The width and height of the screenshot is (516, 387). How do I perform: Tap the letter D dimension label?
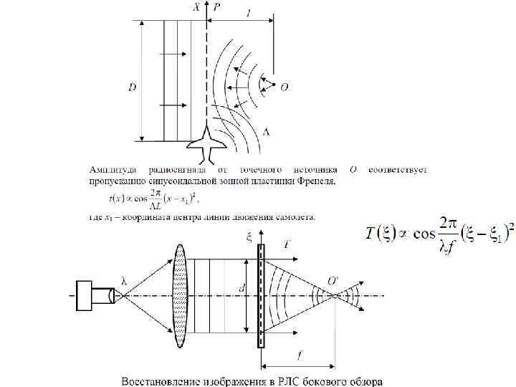132,87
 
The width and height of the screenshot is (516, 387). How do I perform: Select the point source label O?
284,87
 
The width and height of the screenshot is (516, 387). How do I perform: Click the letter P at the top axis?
217,6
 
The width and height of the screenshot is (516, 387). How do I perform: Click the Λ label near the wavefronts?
267,133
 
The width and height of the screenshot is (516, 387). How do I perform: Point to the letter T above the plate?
287,244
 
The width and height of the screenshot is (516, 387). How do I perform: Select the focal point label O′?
333,279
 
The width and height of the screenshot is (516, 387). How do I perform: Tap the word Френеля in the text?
317,182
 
